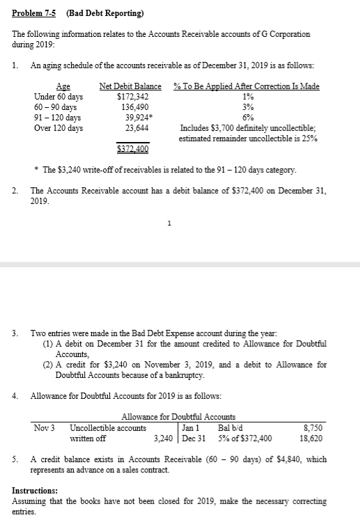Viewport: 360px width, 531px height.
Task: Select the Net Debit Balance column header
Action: (x=131, y=87)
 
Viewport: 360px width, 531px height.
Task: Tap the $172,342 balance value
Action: (x=132, y=97)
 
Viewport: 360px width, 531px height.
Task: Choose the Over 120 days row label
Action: (x=58, y=128)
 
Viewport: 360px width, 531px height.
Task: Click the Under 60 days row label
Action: (x=58, y=97)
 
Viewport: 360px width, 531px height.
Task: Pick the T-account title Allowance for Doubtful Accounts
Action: (x=178, y=417)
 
